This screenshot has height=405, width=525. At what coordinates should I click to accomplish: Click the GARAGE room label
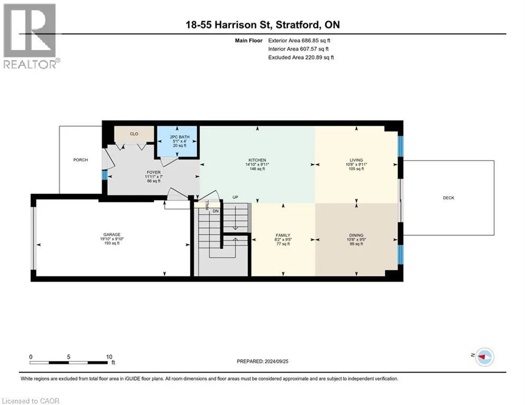[112, 235]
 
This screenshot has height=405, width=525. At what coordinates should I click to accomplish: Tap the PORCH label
[81, 160]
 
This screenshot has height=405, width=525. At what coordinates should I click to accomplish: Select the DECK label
[448, 198]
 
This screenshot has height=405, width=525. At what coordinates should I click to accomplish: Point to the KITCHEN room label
[257, 160]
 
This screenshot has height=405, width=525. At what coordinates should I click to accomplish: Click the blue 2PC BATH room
[177, 141]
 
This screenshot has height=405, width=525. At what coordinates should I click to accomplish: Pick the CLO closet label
[134, 134]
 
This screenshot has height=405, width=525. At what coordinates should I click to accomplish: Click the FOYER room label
[154, 172]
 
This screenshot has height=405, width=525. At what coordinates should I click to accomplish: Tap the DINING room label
[356, 235]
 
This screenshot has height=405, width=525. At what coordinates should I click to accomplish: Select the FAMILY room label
[283, 235]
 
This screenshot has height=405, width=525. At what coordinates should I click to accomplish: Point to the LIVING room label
[356, 160]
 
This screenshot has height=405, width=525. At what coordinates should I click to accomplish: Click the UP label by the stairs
[235, 197]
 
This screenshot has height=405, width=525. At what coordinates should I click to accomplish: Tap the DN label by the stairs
[216, 211]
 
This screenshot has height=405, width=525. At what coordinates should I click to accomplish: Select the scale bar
[69, 362]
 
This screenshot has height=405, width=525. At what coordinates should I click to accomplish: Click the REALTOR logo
[31, 36]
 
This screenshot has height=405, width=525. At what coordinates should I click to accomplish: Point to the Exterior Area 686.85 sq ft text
[299, 41]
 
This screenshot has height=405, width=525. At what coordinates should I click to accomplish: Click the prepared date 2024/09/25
[276, 361]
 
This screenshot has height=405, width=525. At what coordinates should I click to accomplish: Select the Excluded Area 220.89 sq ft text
[301, 57]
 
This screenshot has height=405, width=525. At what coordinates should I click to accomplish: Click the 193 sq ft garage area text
[112, 243]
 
